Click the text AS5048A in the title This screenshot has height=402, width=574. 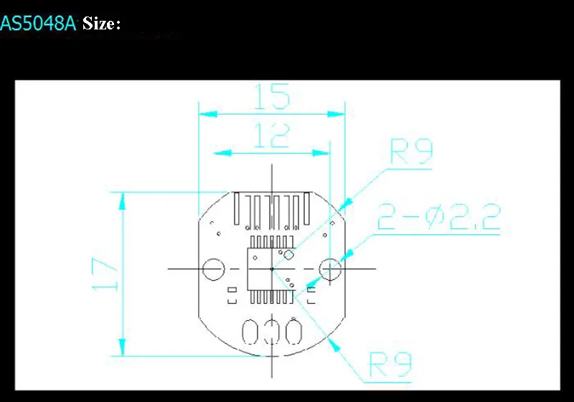pyautogui.click(x=38, y=23)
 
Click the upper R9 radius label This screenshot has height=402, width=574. pyautogui.click(x=411, y=152)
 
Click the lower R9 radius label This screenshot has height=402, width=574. pyautogui.click(x=390, y=367)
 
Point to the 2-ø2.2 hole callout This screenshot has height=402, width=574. pyautogui.click(x=438, y=217)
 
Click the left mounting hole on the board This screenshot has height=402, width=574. pyautogui.click(x=213, y=269)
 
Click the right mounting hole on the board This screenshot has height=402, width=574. pyautogui.click(x=330, y=269)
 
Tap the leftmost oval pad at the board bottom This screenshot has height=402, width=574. pyautogui.click(x=252, y=333)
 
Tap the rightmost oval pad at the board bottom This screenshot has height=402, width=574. pyautogui.click(x=292, y=333)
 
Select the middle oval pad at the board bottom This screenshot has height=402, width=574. pyautogui.click(x=272, y=333)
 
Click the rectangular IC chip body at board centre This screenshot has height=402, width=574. pyautogui.click(x=270, y=268)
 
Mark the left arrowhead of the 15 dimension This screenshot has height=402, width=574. pyautogui.click(x=203, y=113)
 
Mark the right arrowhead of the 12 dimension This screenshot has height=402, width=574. pyautogui.click(x=325, y=152)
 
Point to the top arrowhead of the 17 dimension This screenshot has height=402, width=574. pyautogui.click(x=121, y=197)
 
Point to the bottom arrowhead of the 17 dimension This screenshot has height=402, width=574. pyautogui.click(x=121, y=350)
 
